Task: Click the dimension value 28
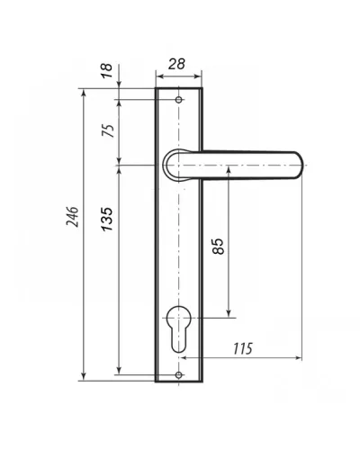tap(176, 64)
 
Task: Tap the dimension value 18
tap(107, 71)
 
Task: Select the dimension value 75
tap(108, 130)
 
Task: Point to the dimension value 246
tap(72, 217)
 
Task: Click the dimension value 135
tap(107, 219)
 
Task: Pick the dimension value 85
tap(218, 247)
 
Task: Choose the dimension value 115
tap(243, 348)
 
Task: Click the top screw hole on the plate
tap(179, 100)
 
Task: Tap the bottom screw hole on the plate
tap(179, 374)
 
